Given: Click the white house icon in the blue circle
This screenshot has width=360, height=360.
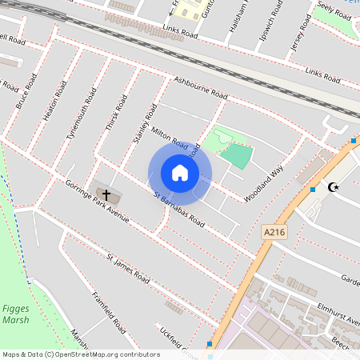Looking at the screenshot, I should (180, 173).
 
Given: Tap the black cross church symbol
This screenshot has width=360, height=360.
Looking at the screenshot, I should (106, 194).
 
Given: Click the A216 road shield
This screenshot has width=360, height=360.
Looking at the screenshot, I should (274, 232).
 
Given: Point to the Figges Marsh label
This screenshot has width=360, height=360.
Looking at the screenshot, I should (14, 314).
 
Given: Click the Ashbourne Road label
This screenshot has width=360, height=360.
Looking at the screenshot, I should (201, 87).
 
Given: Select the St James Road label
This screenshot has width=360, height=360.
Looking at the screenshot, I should (129, 270).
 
